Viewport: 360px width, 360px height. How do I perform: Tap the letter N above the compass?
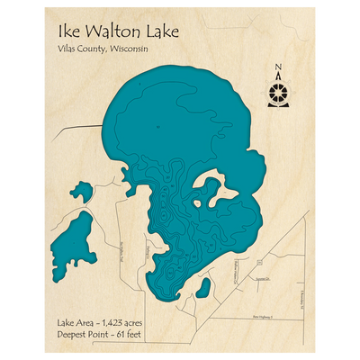point(279,67)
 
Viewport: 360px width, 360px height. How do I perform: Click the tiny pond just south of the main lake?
point(203,289)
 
